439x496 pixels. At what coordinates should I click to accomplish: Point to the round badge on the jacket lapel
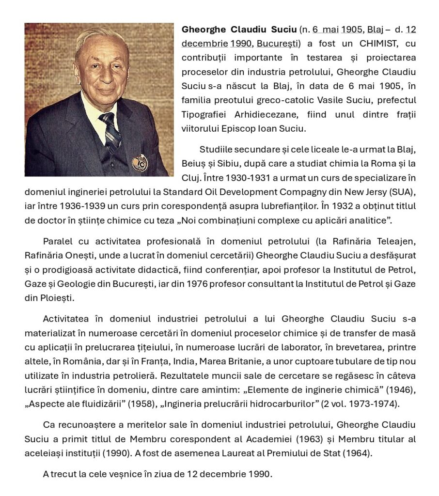click(x=140, y=163)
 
